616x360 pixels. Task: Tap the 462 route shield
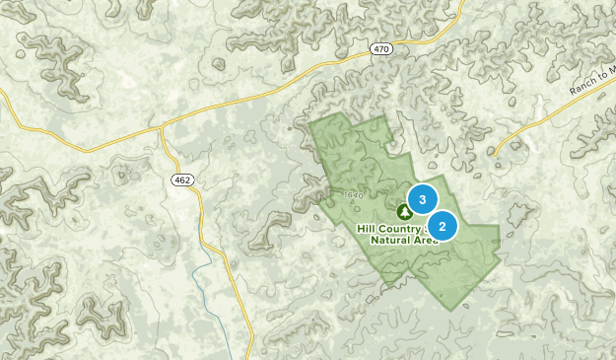point(180,180)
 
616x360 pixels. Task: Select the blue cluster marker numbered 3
point(423,200)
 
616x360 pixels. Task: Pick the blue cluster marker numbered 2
point(443,227)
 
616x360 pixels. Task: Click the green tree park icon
point(404,211)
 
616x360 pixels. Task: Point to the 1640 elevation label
point(355,195)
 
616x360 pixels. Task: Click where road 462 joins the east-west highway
point(163,126)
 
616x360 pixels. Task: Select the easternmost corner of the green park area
point(500,226)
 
